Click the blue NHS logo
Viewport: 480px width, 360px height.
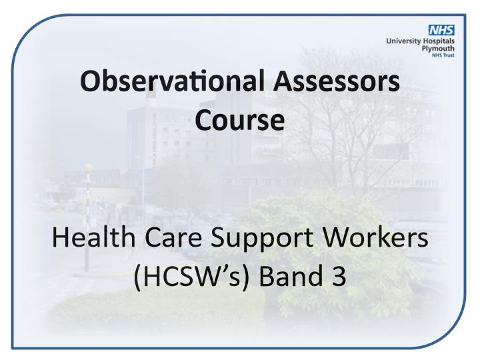click(x=441, y=30)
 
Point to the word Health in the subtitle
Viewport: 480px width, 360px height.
click(x=93, y=238)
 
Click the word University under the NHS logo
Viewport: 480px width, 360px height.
click(x=403, y=41)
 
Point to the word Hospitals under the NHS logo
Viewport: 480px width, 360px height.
click(x=439, y=41)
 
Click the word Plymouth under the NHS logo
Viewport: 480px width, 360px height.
click(x=438, y=49)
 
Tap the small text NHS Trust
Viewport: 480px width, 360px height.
click(x=443, y=55)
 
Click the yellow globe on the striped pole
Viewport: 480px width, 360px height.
click(x=88, y=168)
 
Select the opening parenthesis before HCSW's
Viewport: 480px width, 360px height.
click(x=137, y=277)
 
